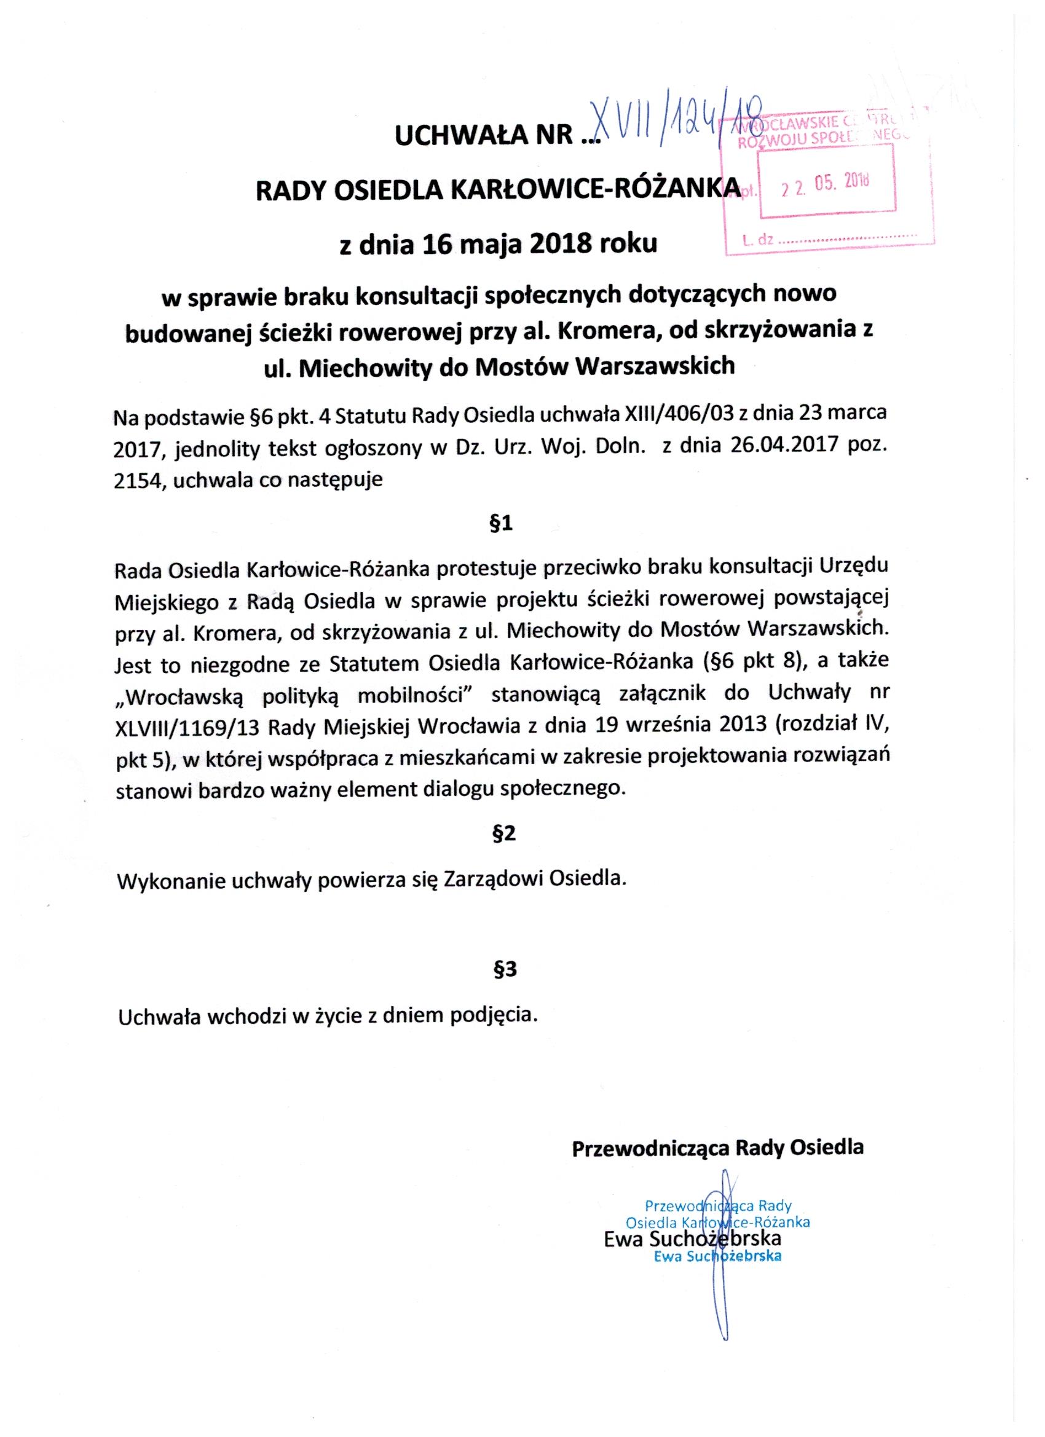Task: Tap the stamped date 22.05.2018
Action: pos(826,185)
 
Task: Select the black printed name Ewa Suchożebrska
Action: pos(693,1238)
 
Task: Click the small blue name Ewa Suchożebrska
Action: pos(717,1257)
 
